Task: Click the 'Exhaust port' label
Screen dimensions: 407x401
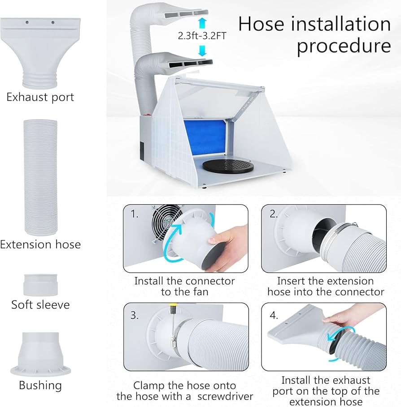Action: [x=40, y=97]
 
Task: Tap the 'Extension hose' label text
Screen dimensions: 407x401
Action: [x=40, y=244]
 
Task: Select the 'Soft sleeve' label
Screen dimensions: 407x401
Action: [x=40, y=304]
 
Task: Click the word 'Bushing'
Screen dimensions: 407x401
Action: [x=40, y=385]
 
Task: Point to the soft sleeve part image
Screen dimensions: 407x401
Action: [x=40, y=285]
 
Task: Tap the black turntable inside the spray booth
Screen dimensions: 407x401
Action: [x=227, y=165]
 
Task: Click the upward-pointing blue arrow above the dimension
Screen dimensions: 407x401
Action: [x=203, y=23]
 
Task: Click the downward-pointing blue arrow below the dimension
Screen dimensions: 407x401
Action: [x=203, y=50]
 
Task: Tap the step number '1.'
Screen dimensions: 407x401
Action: [x=135, y=214]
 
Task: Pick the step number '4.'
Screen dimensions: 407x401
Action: [x=274, y=315]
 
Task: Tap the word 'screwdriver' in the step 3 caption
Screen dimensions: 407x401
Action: [x=223, y=396]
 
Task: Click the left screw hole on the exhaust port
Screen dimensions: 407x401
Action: [x=27, y=21]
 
